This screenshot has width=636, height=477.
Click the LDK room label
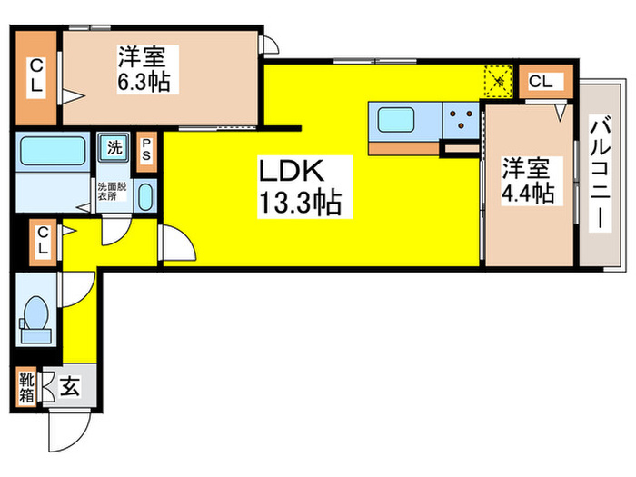[x=293, y=172]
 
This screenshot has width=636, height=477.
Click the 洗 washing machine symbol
[x=115, y=146]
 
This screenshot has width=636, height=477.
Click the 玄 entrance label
[x=69, y=388]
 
